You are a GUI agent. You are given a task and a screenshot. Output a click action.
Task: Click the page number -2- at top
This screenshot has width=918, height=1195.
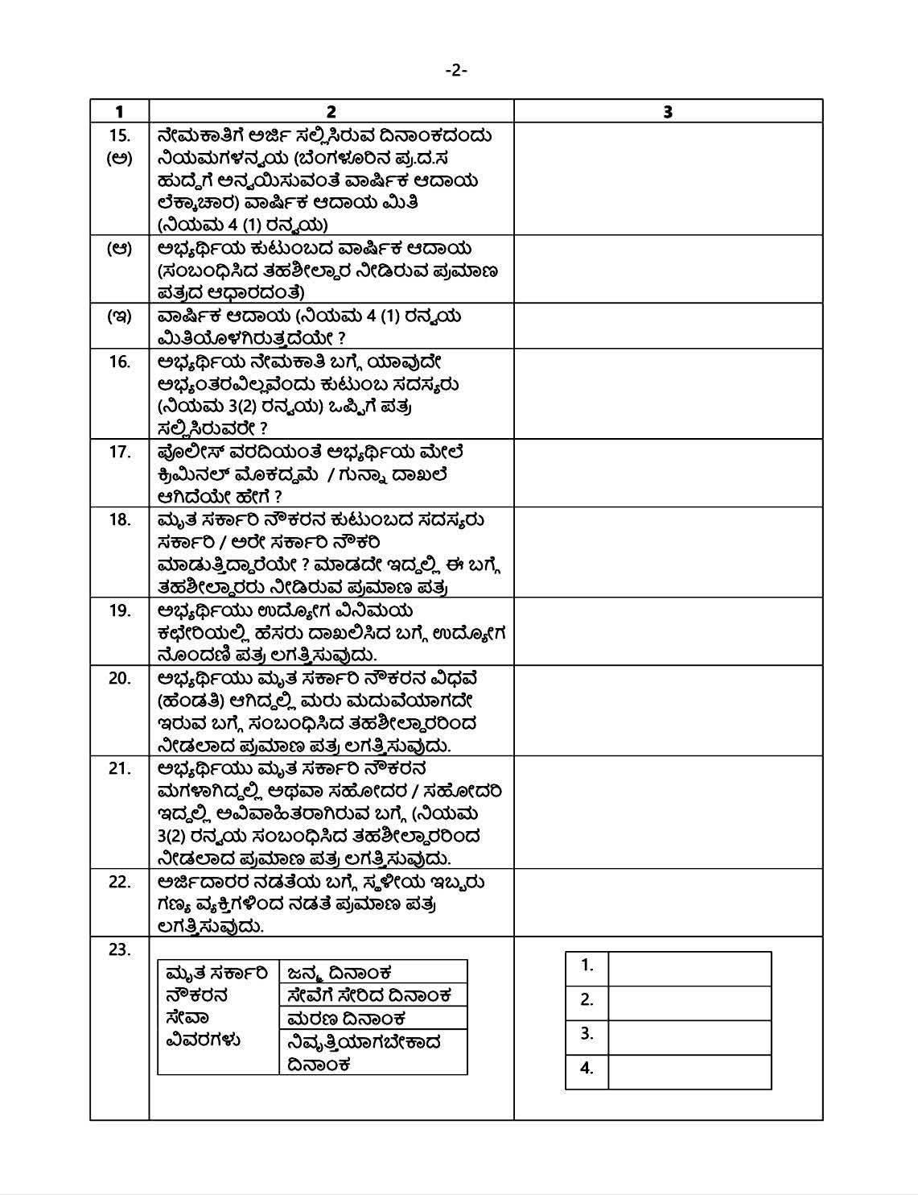coord(456,71)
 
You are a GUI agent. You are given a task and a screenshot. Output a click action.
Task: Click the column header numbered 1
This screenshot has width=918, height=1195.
coord(119,111)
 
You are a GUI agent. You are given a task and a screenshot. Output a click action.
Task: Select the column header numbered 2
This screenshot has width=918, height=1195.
coord(331,111)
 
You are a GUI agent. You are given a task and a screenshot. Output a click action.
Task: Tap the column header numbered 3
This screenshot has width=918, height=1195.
coord(668,111)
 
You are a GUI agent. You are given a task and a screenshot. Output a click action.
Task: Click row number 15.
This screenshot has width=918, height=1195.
coord(119,135)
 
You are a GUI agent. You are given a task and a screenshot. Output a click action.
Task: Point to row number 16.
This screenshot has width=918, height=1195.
coord(119,362)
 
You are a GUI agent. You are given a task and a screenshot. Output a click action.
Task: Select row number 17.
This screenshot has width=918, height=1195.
coord(119,452)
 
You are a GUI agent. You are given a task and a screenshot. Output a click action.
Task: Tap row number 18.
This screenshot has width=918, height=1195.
coord(119,519)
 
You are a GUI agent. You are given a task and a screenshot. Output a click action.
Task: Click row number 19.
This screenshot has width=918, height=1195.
coord(119,610)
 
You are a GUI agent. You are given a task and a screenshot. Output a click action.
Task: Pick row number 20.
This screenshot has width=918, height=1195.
coord(119,678)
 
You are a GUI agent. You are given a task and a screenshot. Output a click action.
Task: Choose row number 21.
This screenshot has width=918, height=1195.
coord(119,768)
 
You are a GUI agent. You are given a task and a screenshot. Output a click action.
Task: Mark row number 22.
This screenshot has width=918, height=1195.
coord(119,882)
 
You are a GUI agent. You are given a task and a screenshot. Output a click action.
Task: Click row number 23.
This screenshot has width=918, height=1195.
coord(119,949)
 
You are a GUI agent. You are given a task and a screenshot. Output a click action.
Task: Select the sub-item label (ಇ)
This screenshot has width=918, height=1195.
coord(119,316)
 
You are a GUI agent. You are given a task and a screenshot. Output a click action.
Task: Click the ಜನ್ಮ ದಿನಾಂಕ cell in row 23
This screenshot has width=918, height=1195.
coord(373,972)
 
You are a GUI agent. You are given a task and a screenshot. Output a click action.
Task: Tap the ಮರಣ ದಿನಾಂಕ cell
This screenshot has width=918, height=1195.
coord(373,1018)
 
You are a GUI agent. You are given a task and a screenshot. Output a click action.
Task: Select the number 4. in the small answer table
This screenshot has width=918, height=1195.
coord(587,1069)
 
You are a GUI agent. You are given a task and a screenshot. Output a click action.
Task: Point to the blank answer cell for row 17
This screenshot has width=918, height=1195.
coord(668,473)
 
